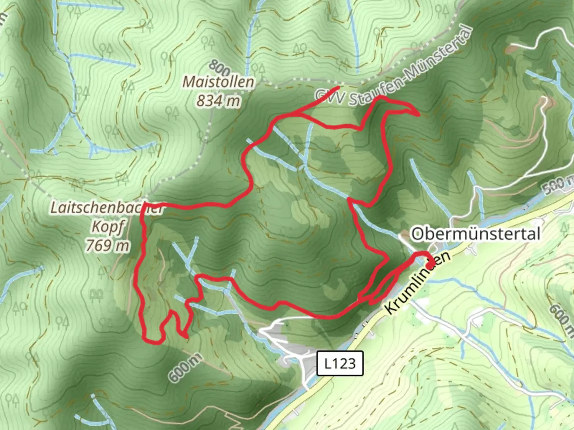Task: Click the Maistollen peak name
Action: [x=218, y=82]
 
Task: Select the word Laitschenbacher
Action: [x=107, y=208]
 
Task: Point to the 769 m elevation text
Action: [x=108, y=245]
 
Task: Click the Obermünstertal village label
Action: [x=475, y=234]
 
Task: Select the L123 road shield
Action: [x=340, y=363]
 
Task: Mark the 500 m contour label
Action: [x=558, y=184]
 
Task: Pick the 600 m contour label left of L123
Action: [x=184, y=368]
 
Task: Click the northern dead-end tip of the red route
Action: [x=338, y=87]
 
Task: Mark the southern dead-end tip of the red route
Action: [x=187, y=338]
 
